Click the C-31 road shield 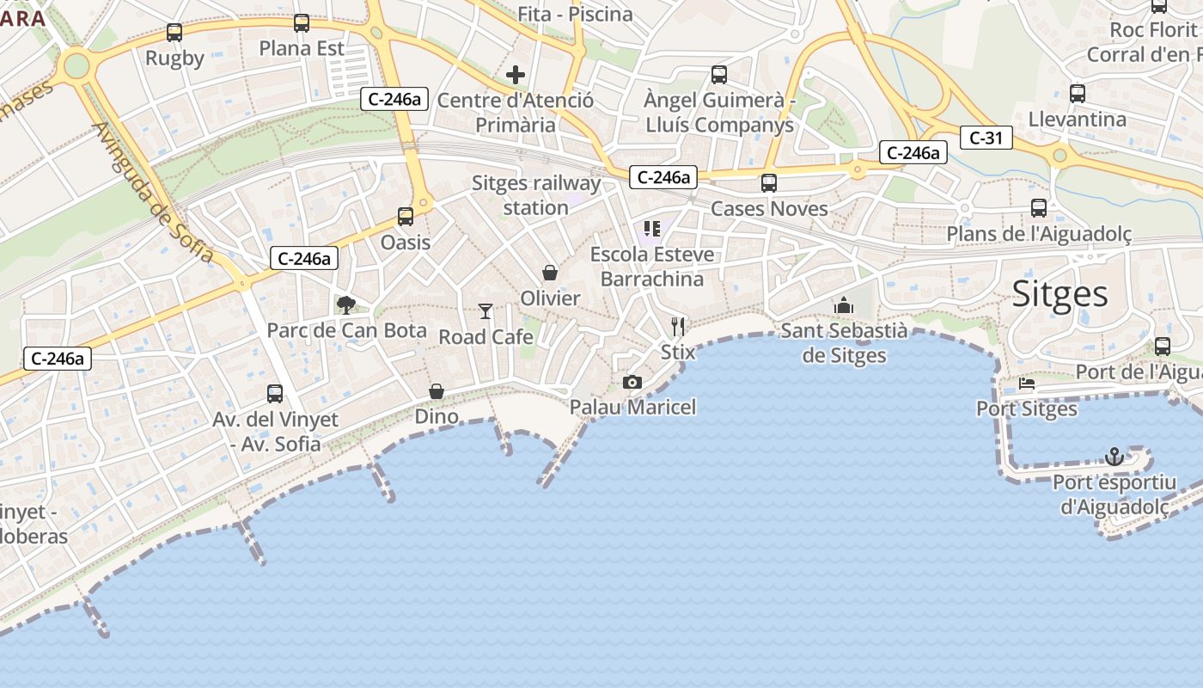(986, 138)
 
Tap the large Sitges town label (1060, 294)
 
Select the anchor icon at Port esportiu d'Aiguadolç (1114, 456)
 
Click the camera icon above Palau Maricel (632, 382)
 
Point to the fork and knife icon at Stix (679, 327)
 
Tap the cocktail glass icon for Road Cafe (486, 311)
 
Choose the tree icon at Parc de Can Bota (346, 304)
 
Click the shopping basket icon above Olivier (550, 273)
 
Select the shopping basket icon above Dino (437, 391)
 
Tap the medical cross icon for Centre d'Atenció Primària (516, 75)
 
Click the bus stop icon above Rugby (174, 33)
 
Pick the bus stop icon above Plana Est (302, 23)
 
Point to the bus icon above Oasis (406, 217)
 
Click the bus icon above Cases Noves (769, 183)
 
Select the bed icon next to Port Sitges (1027, 384)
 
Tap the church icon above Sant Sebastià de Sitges (843, 305)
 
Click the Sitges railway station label (536, 195)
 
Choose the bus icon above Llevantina (1078, 94)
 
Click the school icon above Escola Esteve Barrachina (652, 229)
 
